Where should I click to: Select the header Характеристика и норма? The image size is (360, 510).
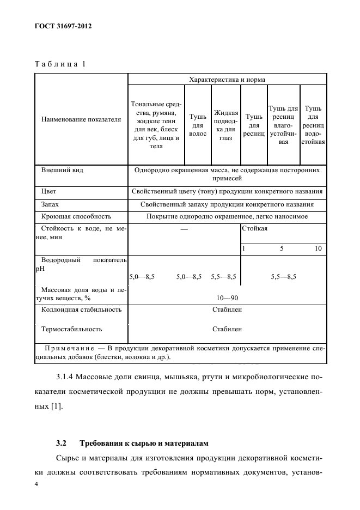[227, 80]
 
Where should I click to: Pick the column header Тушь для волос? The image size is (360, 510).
[197, 125]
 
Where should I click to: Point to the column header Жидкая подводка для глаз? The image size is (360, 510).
[226, 125]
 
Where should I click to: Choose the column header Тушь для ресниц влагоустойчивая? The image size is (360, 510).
[283, 125]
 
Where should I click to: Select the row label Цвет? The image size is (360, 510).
[49, 192]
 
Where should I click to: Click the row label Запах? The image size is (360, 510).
[50, 205]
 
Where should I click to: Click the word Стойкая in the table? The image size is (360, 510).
[254, 229]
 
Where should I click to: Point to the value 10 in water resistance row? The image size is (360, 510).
[319, 248]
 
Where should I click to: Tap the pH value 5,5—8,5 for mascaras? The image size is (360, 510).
[283, 277]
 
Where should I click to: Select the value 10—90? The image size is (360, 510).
[227, 297]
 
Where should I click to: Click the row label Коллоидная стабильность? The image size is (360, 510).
[81, 309]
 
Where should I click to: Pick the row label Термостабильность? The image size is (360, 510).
[72, 329]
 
